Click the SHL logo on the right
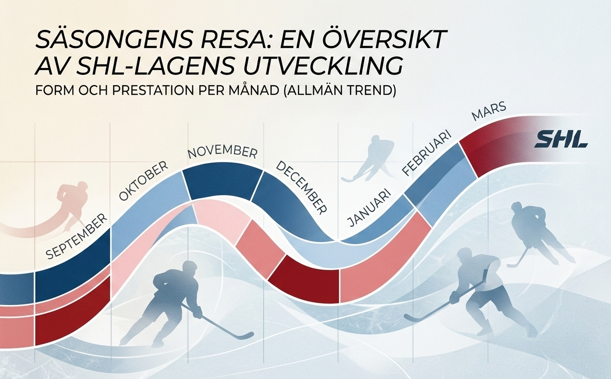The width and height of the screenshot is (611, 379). (x=561, y=139)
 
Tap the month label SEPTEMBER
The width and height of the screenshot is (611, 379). (x=76, y=237)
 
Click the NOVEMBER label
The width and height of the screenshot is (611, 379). (x=222, y=152)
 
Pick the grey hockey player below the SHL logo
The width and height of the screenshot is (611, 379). (x=534, y=230)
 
